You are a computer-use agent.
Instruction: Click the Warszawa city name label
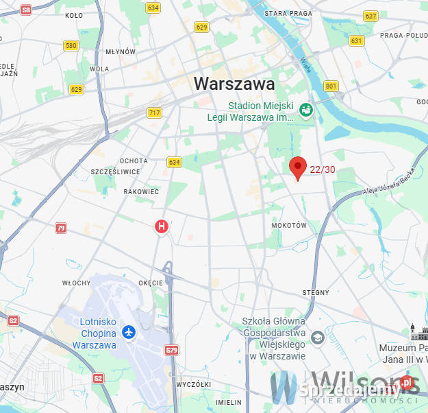(x=234, y=84)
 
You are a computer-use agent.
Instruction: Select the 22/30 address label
(x=323, y=169)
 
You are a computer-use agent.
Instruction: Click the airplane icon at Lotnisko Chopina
(x=128, y=332)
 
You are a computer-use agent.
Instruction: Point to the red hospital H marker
(x=162, y=226)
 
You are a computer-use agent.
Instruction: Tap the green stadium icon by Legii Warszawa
(x=307, y=110)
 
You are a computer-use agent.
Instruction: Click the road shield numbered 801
(x=331, y=86)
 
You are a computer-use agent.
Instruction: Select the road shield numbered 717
(x=154, y=113)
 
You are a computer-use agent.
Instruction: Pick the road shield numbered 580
(x=71, y=46)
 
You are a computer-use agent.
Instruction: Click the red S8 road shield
(x=26, y=10)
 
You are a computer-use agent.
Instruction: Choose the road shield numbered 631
(x=356, y=40)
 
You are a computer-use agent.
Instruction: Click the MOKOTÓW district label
(x=289, y=225)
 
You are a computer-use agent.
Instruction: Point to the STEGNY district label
(x=316, y=292)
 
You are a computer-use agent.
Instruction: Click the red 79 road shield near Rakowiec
(x=61, y=228)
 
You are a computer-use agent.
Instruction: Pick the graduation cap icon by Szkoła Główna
(x=317, y=337)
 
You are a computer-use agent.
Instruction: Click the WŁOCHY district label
(x=76, y=283)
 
